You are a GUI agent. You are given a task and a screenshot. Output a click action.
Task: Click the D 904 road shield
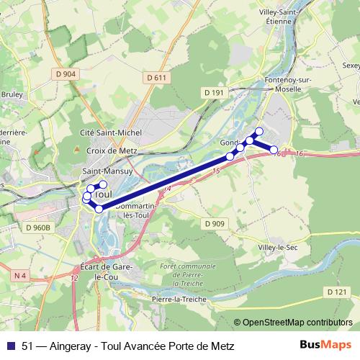tap(65, 73)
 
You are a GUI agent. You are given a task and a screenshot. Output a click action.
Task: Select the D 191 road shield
tap(214, 92)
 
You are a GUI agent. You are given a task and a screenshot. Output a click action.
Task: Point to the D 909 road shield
tap(215, 224)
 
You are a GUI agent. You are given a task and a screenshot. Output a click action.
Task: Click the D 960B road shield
tap(39, 228)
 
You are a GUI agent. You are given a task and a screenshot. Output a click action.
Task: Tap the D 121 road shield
tap(336, 292)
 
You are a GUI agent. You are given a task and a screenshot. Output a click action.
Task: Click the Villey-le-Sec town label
tap(278, 248)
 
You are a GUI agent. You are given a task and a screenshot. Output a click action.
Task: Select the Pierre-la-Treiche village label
tap(179, 299)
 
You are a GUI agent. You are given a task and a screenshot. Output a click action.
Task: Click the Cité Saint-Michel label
tap(111, 133)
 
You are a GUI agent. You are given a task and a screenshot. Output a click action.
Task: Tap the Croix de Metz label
tap(112, 150)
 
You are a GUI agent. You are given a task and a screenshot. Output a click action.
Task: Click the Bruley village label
tap(12, 94)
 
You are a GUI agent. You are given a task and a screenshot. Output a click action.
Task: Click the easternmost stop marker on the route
tap(274, 149)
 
